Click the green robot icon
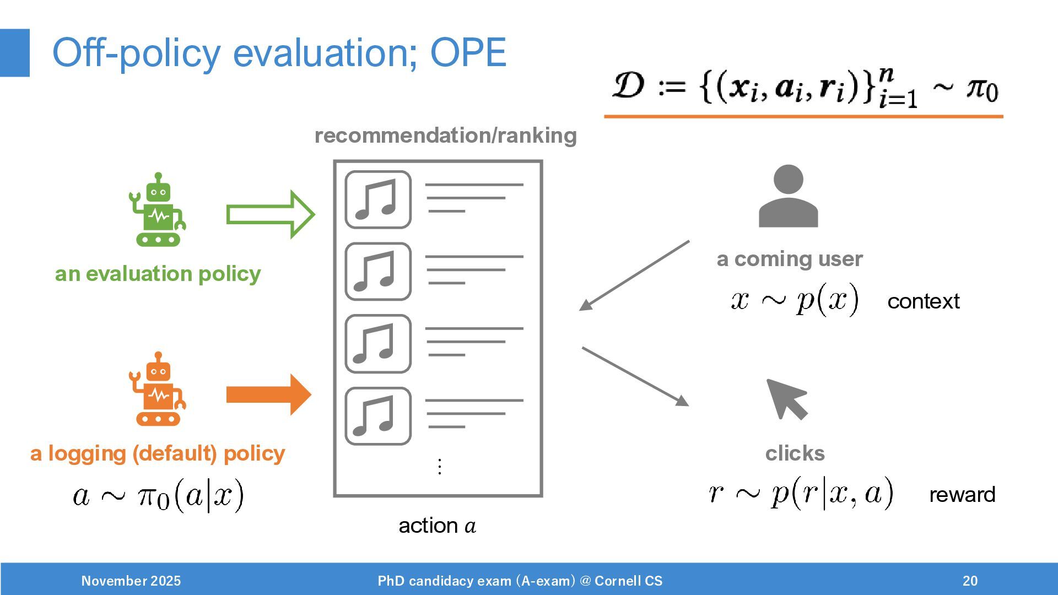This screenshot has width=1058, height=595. (x=158, y=210)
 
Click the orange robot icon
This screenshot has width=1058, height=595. (x=158, y=390)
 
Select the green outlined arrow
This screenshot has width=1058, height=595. (x=270, y=214)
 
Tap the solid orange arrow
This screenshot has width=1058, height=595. (x=269, y=394)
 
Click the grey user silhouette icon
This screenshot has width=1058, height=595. (x=788, y=197)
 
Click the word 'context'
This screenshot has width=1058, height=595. (x=923, y=301)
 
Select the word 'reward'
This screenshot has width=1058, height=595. (x=962, y=495)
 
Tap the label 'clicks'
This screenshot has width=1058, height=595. (x=795, y=453)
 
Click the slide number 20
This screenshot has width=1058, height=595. (x=970, y=581)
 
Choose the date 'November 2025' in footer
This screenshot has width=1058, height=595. (x=131, y=581)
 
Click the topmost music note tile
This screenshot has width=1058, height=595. (x=378, y=199)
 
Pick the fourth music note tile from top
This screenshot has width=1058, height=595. (x=378, y=416)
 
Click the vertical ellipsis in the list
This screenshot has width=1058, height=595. (x=439, y=467)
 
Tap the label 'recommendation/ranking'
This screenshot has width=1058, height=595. (x=445, y=136)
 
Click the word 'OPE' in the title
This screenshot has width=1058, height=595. (x=468, y=53)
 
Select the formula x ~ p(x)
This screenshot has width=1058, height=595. (x=795, y=300)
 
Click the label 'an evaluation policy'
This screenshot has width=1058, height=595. (x=158, y=274)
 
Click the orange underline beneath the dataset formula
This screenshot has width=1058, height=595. (x=803, y=116)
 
